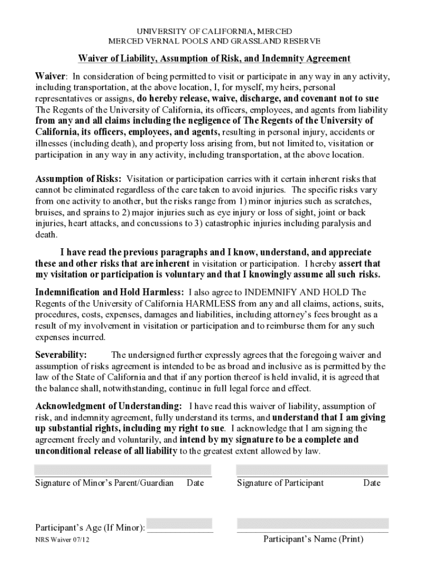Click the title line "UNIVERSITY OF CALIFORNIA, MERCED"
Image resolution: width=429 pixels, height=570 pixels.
click(214, 31)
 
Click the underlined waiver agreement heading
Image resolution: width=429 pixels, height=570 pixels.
click(214, 58)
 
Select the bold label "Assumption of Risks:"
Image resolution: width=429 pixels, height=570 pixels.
click(79, 179)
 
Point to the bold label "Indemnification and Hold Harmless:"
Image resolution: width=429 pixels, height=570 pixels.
click(110, 292)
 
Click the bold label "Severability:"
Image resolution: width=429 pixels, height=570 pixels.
click(61, 355)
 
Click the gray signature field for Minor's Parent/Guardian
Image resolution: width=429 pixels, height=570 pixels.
click(123, 470)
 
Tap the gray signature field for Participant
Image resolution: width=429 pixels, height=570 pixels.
click(312, 470)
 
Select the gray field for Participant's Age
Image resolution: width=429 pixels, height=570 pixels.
click(180, 524)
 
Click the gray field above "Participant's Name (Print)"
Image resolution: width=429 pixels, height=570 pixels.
click(313, 524)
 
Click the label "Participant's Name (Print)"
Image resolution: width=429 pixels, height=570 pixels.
click(313, 539)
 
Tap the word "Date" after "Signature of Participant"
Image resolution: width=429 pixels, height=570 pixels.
click(372, 483)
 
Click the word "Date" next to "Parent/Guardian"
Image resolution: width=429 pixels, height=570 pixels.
click(195, 483)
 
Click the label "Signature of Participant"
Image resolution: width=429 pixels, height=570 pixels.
click(280, 483)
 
